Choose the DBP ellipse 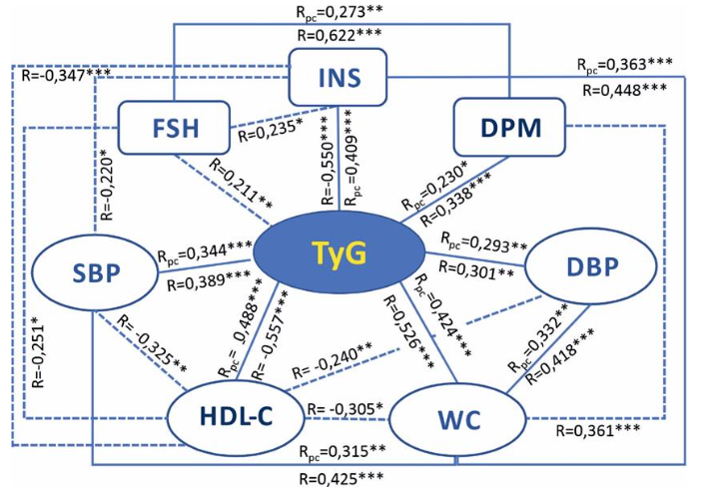tap(591, 268)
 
